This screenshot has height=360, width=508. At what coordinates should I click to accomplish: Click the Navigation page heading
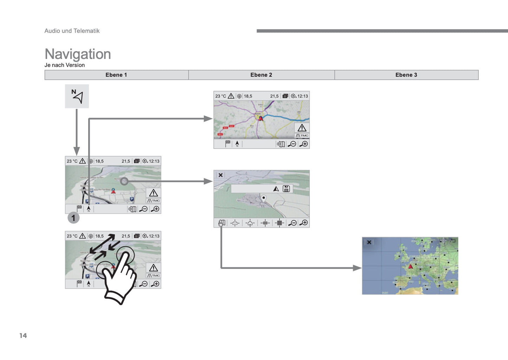tap(78, 54)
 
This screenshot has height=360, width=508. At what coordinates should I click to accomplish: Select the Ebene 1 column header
tap(116, 75)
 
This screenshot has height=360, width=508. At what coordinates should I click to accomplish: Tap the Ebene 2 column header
tap(261, 75)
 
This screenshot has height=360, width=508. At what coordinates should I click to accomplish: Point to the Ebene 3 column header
tap(406, 75)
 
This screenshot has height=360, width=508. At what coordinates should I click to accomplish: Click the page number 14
tap(23, 335)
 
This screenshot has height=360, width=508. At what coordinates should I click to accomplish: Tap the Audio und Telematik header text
tap(72, 31)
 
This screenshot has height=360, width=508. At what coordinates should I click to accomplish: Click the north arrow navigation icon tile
tap(77, 96)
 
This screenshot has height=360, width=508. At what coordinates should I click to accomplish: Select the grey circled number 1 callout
tap(73, 218)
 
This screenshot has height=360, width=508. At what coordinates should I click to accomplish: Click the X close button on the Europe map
tap(369, 242)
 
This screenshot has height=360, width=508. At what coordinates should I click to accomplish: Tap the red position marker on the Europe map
tap(410, 267)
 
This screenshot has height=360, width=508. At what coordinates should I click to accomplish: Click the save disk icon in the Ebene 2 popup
tap(286, 189)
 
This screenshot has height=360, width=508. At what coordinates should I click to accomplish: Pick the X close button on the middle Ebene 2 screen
tap(221, 175)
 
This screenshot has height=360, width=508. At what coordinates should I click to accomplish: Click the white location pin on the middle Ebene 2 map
tap(264, 198)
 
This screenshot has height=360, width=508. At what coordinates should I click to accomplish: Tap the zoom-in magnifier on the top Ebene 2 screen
tap(304, 144)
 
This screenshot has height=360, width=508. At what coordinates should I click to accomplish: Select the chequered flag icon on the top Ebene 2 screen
tap(228, 143)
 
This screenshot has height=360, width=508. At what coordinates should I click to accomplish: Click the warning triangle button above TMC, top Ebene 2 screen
tap(302, 128)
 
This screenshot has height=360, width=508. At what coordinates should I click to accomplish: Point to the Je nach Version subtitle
tap(65, 65)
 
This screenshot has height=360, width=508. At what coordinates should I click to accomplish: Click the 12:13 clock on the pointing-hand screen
tap(154, 236)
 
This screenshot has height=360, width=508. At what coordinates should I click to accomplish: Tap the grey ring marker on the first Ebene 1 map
tap(124, 181)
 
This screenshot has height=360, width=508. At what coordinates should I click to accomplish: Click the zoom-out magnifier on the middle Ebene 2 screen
tap(292, 223)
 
